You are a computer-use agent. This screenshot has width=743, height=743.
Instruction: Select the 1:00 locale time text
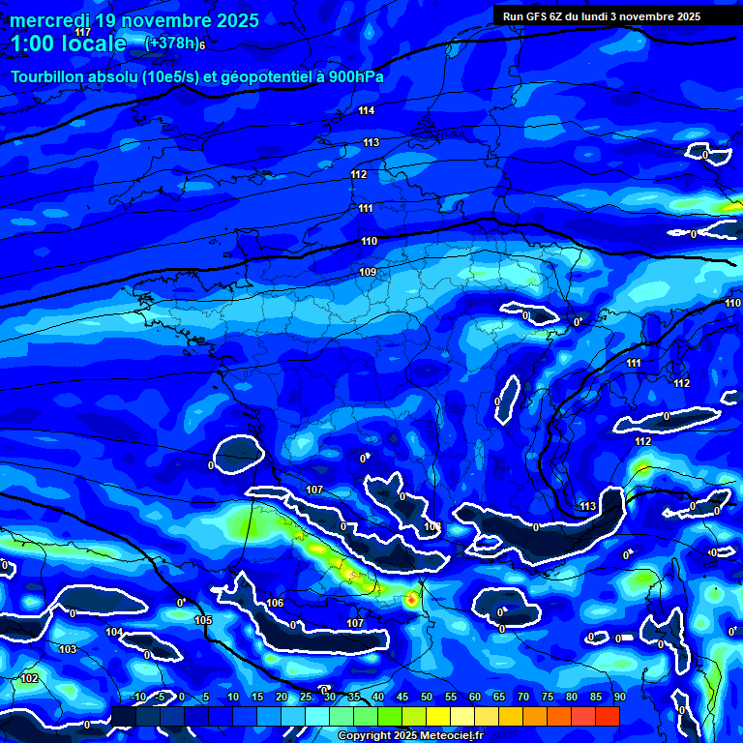(68, 45)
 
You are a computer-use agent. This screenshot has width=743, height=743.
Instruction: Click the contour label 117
(82, 33)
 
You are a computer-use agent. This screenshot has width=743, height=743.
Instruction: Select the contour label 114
(366, 111)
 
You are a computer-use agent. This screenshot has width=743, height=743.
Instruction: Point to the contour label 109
(368, 273)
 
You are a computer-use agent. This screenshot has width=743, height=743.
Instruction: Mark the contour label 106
(276, 604)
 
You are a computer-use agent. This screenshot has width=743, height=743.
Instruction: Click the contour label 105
(203, 621)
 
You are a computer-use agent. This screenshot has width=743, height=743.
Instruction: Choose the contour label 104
(114, 633)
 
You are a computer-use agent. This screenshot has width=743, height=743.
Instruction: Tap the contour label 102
(30, 679)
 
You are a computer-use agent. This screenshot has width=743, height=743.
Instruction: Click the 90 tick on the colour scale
(619, 698)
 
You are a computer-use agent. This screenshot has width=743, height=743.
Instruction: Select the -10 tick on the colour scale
(138, 698)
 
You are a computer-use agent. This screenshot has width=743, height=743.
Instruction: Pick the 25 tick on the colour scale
(306, 698)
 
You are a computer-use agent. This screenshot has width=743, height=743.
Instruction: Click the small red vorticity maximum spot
(412, 600)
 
